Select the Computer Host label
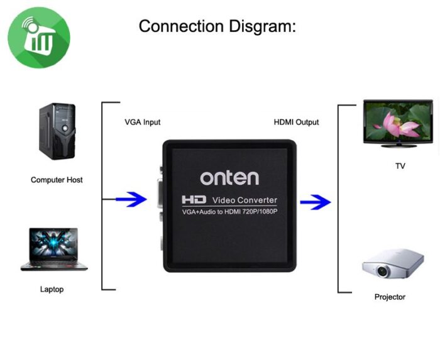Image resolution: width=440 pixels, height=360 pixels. pyautogui.click(x=57, y=180)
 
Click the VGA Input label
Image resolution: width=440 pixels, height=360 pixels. pyautogui.click(x=142, y=122)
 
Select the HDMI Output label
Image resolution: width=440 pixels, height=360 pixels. pyautogui.click(x=296, y=122)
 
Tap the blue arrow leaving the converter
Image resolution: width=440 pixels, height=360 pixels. pyautogui.click(x=315, y=202)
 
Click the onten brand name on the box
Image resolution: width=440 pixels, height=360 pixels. pyautogui.click(x=229, y=178)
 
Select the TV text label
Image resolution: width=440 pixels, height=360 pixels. pyautogui.click(x=400, y=166)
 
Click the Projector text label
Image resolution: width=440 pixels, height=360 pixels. pyautogui.click(x=390, y=297)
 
